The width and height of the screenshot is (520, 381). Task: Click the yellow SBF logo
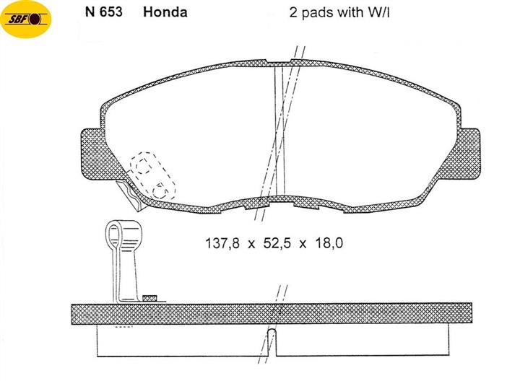[x=26, y=19]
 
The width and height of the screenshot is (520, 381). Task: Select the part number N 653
[x=104, y=12]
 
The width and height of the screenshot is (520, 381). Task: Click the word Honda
[x=165, y=12]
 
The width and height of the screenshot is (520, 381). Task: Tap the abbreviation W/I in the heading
[x=378, y=12]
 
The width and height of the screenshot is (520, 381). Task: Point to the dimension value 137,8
[x=222, y=243]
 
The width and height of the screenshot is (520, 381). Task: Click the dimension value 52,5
[x=277, y=243]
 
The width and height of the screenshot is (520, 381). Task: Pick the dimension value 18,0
[x=329, y=243]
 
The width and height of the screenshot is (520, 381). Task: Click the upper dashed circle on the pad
[x=143, y=165]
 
